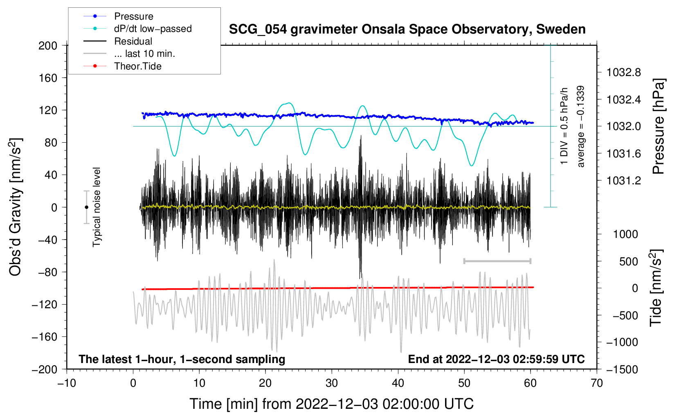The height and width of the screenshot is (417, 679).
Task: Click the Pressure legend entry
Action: coord(118,16)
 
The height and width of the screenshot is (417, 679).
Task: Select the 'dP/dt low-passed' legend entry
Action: coord(137,29)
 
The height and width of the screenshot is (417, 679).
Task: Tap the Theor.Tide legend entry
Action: coord(122,66)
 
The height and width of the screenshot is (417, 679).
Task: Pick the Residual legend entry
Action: coord(118,41)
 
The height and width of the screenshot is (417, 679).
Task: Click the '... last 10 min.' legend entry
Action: coord(129,54)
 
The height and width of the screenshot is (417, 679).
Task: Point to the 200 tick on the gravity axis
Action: coord(48,45)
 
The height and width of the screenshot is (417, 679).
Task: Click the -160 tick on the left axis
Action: coord(45,337)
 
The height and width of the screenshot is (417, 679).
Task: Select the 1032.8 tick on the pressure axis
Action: coord(623,72)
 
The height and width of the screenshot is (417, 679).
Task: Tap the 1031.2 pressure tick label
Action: coord(623,181)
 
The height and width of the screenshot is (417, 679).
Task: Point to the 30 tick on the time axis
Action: coord(332,383)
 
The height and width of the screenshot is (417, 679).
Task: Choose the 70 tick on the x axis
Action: coord(597,383)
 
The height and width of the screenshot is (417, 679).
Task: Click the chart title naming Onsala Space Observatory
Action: coord(407,29)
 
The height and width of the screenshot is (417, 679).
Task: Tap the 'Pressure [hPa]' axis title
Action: coord(659,126)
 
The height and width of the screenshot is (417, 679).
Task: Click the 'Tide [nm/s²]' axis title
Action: coord(656,288)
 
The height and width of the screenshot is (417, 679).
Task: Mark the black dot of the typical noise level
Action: coord(86,207)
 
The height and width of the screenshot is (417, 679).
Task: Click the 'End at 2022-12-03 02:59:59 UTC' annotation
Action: coord(496,359)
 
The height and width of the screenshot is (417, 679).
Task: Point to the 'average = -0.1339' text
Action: coord(580,126)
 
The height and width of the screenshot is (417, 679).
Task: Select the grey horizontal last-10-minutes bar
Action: coord(497,261)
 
